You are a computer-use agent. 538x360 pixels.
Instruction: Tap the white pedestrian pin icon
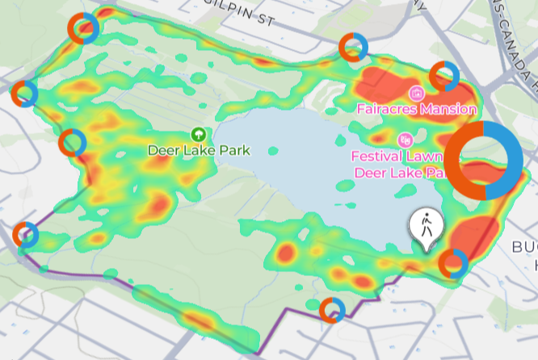(425, 227)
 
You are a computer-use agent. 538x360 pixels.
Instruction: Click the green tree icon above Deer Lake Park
(197, 134)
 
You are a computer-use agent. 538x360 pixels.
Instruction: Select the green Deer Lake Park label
(199, 150)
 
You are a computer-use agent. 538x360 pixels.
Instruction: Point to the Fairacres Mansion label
(417, 108)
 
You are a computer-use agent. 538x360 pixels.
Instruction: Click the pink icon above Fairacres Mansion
(417, 92)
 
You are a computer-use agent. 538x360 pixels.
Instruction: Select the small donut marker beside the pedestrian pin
(453, 263)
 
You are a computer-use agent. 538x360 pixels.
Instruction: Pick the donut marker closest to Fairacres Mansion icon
(443, 76)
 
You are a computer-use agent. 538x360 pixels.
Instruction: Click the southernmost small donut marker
(331, 309)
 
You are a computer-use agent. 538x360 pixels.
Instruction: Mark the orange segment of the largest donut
(457, 161)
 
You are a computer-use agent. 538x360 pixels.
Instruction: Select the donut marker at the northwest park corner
(83, 29)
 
